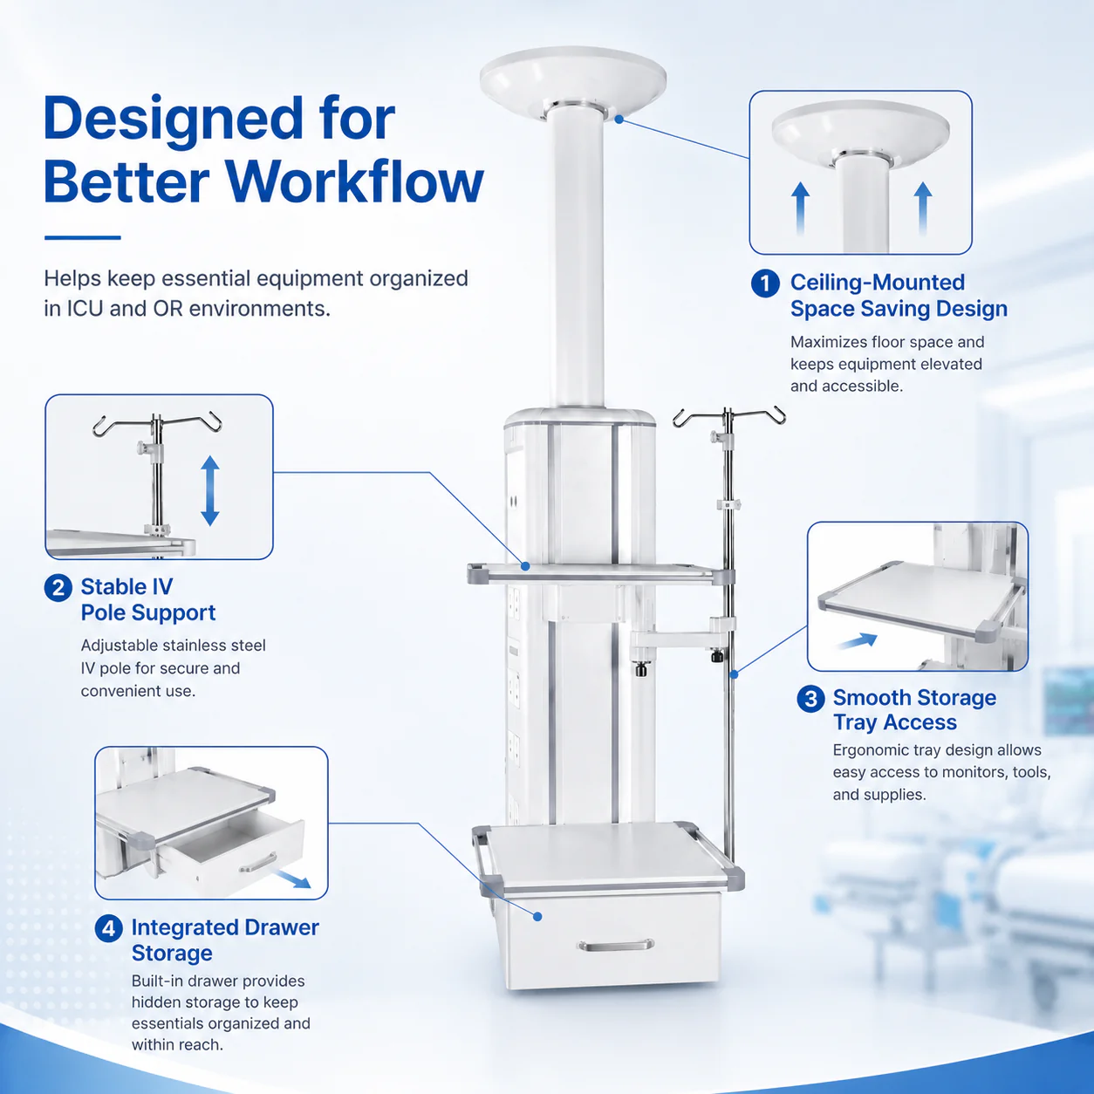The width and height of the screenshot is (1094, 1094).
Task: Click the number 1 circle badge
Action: [765, 284]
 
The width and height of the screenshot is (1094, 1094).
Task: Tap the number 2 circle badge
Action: [58, 588]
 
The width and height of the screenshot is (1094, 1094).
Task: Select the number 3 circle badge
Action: [810, 699]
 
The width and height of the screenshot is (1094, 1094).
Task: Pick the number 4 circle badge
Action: [108, 929]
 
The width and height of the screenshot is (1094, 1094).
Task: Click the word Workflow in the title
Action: [355, 182]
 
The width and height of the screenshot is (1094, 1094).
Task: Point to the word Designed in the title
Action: [173, 120]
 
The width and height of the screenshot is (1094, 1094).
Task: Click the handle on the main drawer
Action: [615, 946]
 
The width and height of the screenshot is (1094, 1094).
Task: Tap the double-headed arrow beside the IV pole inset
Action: [210, 490]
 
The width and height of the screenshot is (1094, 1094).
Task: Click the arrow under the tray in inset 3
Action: [858, 641]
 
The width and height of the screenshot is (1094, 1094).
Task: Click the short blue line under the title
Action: [83, 237]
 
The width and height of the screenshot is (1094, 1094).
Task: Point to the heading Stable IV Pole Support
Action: [148, 599]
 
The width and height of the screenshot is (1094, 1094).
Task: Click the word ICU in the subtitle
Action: [85, 309]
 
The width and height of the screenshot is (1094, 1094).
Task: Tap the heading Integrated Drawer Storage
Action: [225, 940]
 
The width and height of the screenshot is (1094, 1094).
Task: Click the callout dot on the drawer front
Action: [537, 916]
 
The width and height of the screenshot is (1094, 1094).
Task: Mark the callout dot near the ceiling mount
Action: [619, 120]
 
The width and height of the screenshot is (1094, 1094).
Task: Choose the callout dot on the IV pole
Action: [734, 674]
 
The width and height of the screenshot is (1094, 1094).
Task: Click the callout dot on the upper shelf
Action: [525, 566]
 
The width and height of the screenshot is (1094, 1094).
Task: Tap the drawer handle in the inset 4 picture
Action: [258, 861]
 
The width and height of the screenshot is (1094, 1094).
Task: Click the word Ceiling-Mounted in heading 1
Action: [877, 282]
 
